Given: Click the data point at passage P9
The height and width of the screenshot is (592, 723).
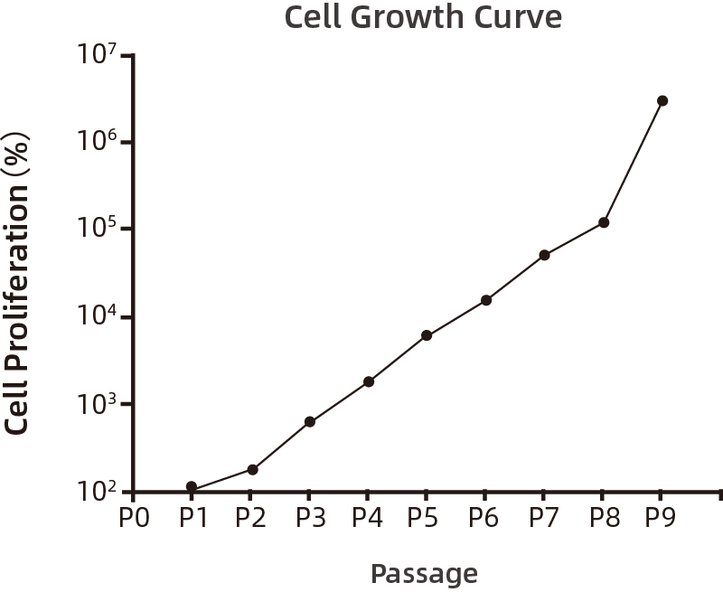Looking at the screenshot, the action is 662,101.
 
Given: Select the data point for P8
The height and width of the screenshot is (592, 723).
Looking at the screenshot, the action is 604,222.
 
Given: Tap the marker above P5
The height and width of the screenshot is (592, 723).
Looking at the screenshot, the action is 427,335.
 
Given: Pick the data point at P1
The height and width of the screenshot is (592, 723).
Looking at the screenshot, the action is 192,486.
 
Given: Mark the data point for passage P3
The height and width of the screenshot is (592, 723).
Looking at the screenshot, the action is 310,421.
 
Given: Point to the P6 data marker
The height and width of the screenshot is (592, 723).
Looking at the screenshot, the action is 486,300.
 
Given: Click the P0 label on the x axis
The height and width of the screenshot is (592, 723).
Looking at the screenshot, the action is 134,517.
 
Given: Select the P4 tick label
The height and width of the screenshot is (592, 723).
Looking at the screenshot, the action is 368,517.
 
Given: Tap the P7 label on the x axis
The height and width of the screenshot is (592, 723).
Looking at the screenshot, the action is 544,517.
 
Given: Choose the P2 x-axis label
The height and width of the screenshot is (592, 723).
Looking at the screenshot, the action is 251,517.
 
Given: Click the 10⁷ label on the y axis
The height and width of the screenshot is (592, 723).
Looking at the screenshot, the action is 98,54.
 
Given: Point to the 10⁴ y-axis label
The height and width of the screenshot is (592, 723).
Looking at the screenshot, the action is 98,315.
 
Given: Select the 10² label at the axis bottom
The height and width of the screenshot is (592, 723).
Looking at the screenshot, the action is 98,492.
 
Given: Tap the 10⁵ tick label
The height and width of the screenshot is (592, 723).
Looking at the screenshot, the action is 98,227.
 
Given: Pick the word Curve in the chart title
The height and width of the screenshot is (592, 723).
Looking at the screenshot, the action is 518,17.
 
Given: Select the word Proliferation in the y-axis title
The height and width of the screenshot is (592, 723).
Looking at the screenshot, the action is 17,277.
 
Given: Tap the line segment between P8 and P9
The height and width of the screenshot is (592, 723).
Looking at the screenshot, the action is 634,162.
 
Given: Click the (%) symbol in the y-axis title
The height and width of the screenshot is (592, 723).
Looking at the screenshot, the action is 17,154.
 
